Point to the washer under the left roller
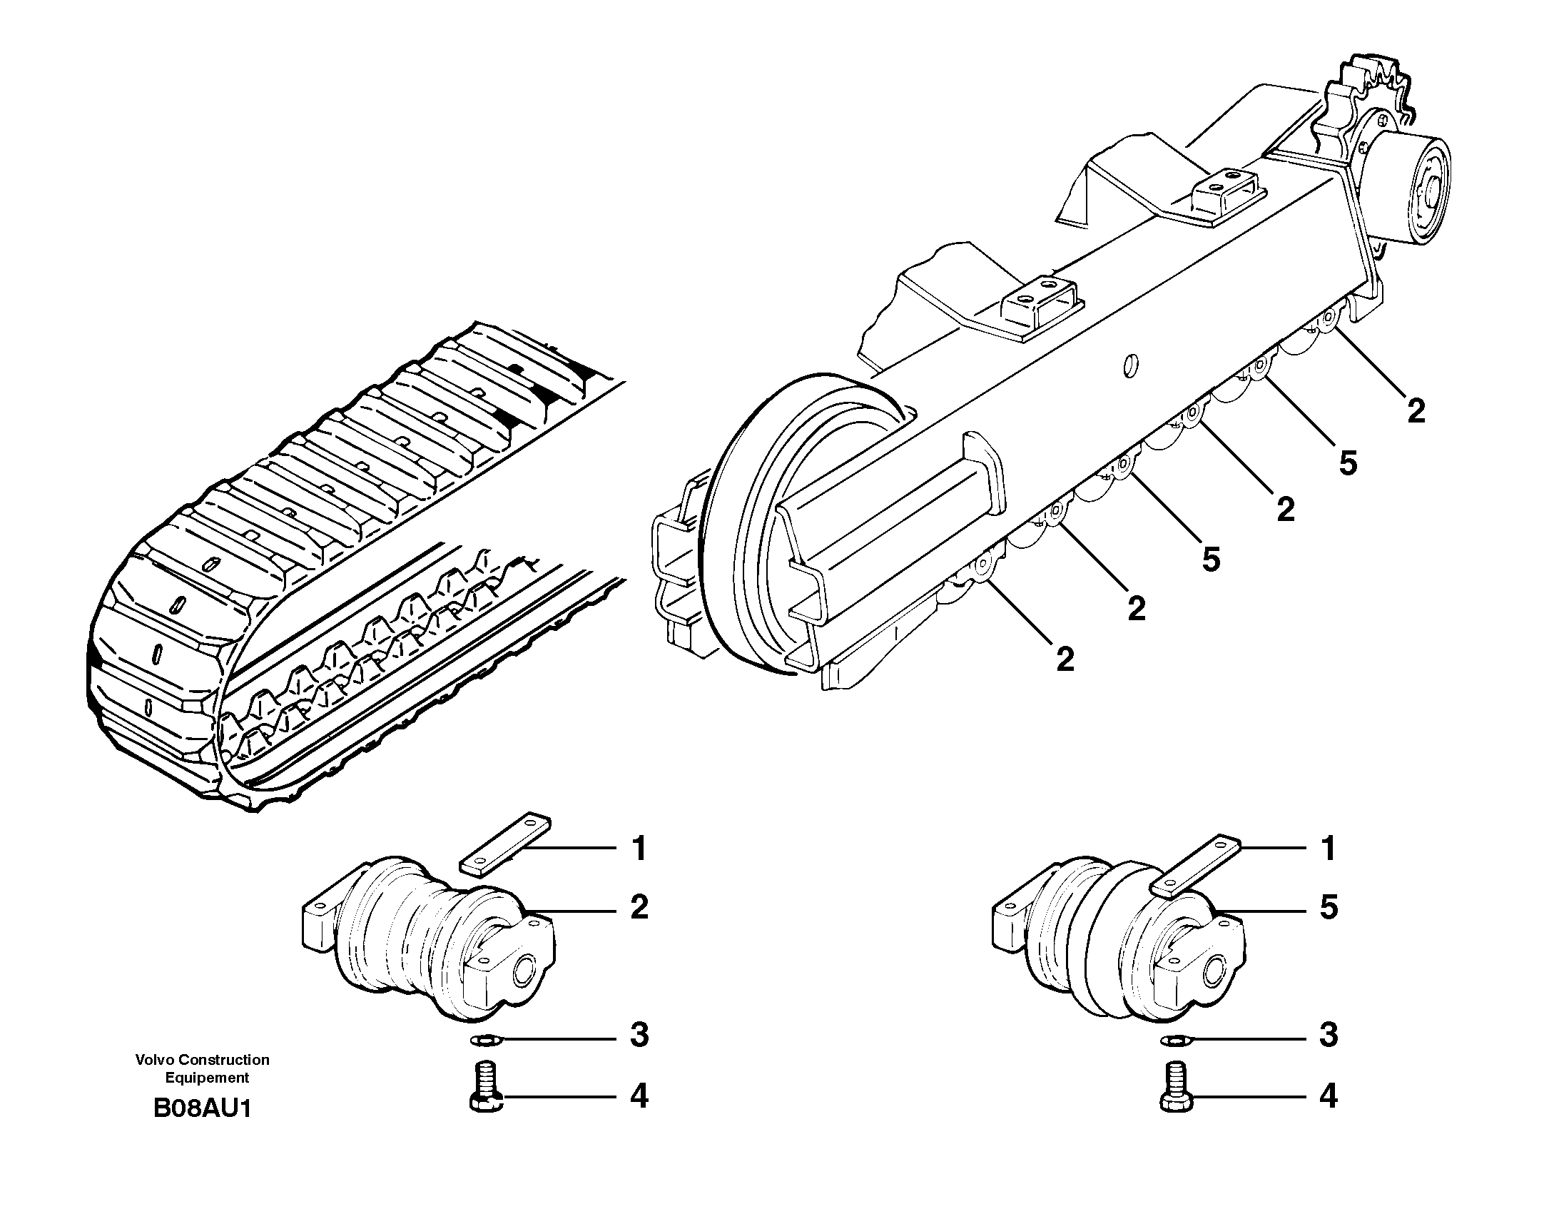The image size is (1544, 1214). point(487,1041)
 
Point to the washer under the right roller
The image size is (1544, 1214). point(1175,1041)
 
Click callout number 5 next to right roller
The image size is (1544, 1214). point(1328,909)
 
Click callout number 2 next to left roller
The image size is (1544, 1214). point(639,907)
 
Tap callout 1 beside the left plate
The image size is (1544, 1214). point(639,849)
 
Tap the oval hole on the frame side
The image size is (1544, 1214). point(1130,365)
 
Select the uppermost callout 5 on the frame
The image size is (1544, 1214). point(1347,464)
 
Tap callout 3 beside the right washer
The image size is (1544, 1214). point(1328,1035)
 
